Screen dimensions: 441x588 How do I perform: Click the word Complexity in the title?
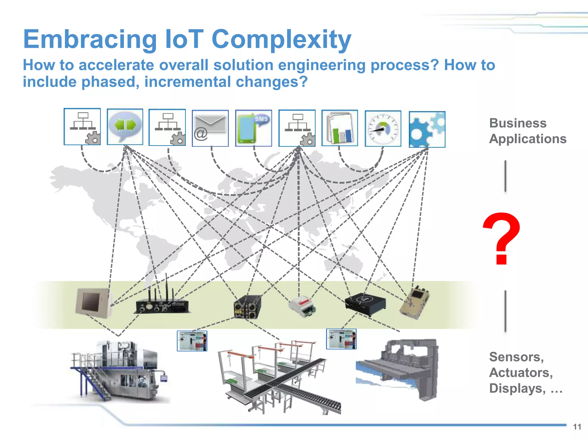click(281, 40)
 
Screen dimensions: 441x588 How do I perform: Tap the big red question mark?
click(502, 238)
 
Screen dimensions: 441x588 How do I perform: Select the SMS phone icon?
click(254, 128)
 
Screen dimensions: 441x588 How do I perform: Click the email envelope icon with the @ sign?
click(210, 128)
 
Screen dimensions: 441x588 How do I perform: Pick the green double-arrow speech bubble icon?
click(125, 127)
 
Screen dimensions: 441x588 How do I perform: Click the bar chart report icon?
click(340, 128)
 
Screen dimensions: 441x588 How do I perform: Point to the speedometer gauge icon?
click(383, 129)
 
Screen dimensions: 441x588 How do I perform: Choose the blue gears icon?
click(427, 129)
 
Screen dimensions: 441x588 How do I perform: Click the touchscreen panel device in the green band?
click(93, 303)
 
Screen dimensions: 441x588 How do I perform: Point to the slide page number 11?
click(577, 427)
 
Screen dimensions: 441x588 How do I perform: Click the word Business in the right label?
click(518, 123)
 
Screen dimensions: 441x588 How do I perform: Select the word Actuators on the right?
click(521, 373)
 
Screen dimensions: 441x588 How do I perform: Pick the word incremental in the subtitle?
click(187, 82)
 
